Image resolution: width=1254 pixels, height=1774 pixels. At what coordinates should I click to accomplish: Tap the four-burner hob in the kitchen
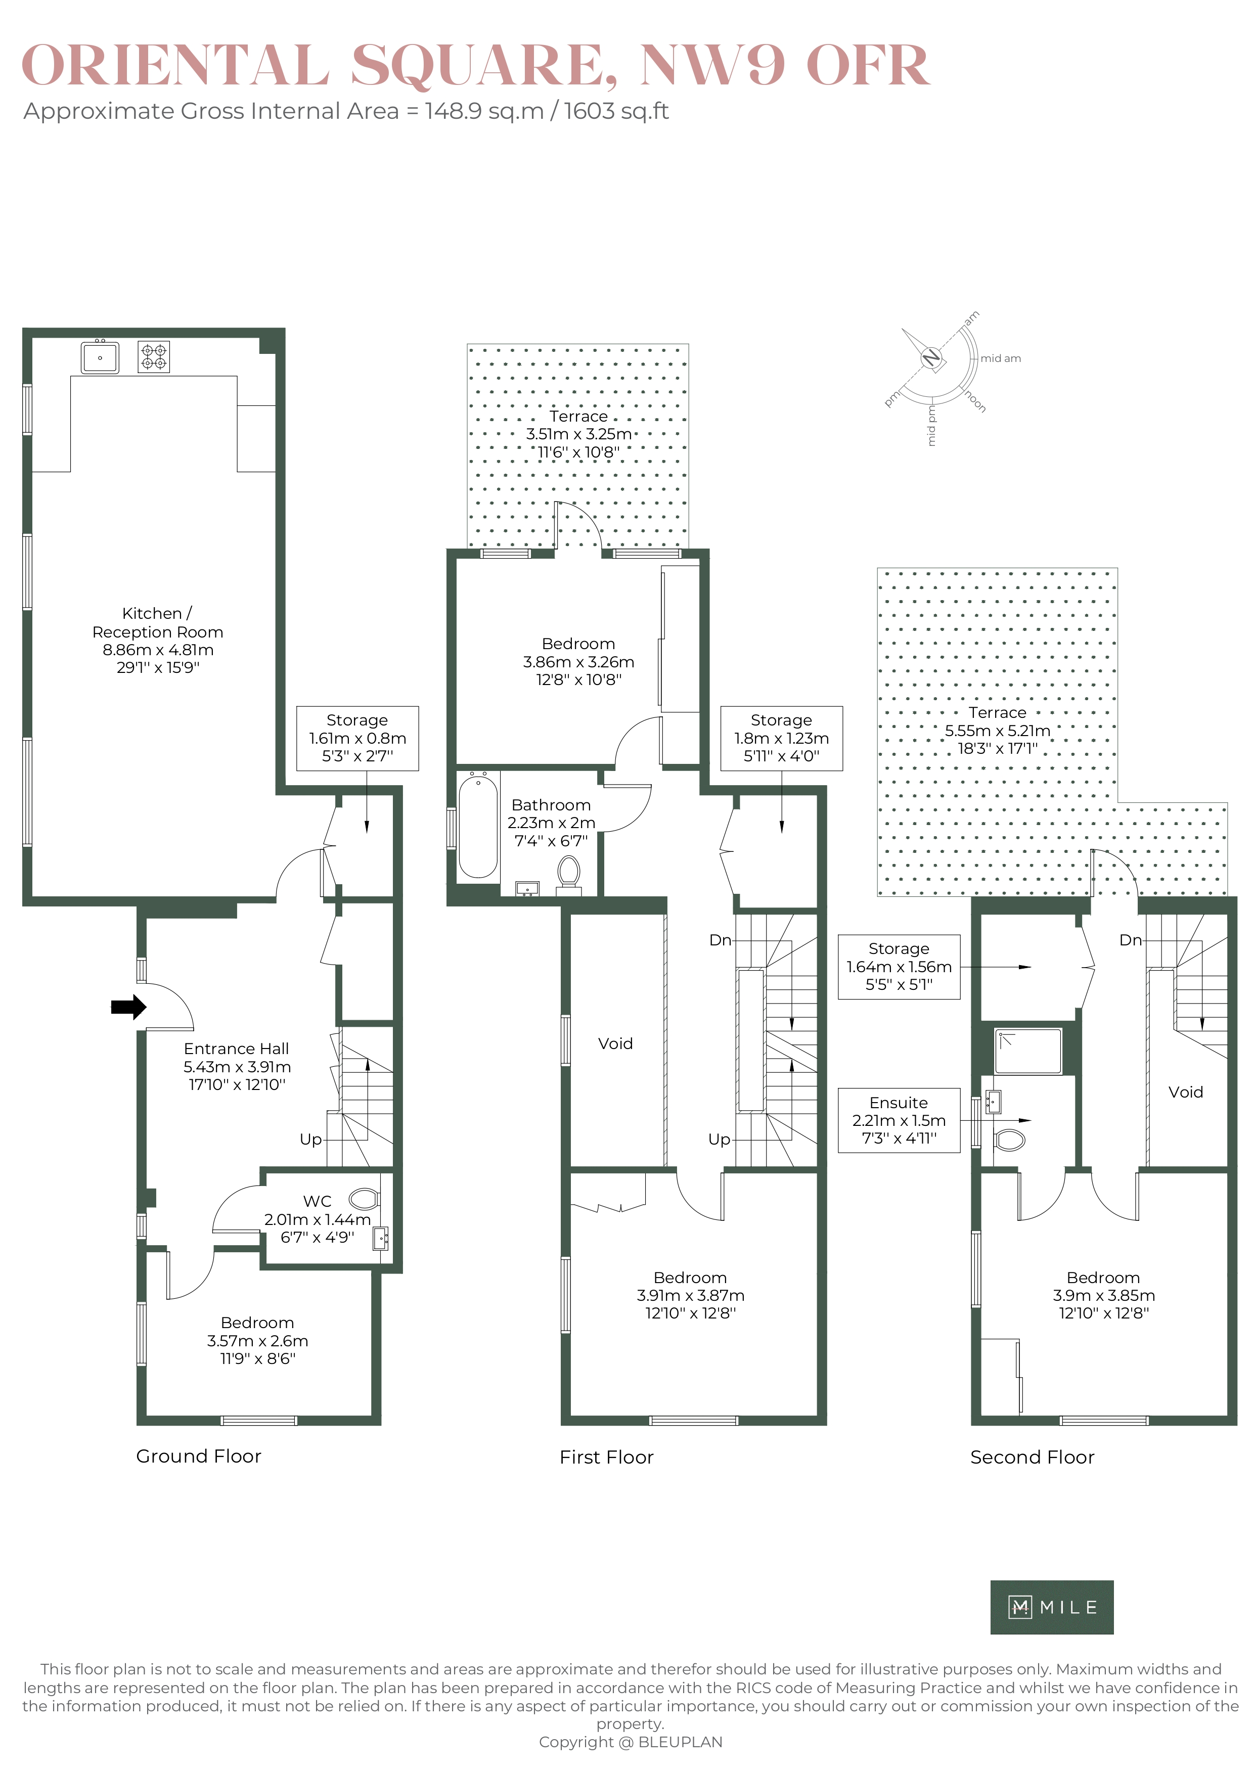pos(154,357)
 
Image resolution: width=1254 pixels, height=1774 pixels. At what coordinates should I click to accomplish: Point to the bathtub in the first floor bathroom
pos(478,827)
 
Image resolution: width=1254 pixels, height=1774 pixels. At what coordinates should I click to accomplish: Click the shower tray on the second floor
pos(1027,1052)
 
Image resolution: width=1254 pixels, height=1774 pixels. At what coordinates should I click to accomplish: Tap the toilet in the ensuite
pos(1010,1140)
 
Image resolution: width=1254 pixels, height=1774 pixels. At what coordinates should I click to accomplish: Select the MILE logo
pos(1052,1607)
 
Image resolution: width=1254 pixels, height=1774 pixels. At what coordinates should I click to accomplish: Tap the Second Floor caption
pos(1032,1457)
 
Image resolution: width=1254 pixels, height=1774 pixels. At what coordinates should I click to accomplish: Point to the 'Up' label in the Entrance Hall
pos(310,1140)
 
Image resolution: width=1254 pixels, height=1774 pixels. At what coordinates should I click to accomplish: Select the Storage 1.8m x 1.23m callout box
pos(781,738)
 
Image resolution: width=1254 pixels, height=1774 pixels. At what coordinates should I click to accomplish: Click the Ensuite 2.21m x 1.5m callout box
pos(899,1120)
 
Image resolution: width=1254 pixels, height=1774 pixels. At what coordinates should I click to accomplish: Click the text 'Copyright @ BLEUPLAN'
pos(631,1742)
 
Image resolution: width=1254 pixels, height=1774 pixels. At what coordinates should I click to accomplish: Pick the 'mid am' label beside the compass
pos(1001,358)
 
